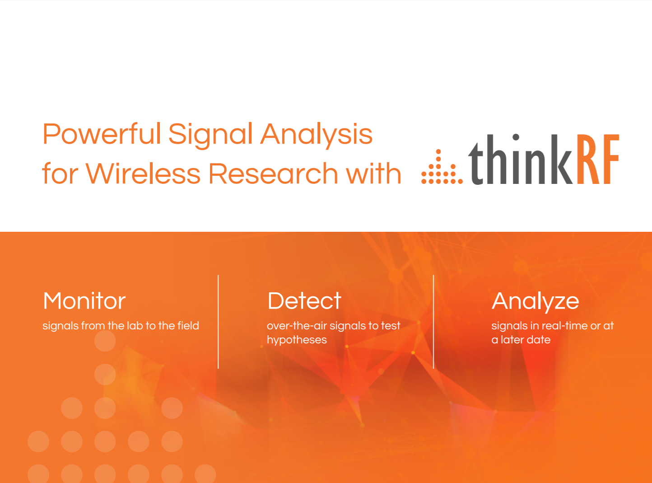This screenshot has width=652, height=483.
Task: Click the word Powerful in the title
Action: [x=102, y=134]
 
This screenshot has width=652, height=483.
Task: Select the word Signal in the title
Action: [x=210, y=135]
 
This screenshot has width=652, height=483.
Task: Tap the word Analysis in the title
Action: [x=317, y=135]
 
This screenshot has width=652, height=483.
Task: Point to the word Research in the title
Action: [x=273, y=174]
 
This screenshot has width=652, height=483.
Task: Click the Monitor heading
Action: [x=84, y=301]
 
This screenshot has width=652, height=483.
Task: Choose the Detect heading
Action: [x=304, y=301]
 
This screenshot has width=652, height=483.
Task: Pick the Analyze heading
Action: [x=535, y=301]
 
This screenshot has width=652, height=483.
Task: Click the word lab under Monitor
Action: [x=135, y=326]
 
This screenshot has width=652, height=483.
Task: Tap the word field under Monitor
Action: [x=188, y=326]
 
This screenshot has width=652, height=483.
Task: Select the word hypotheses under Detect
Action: [x=297, y=340]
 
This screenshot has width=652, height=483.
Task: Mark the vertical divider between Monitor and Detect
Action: [x=218, y=322]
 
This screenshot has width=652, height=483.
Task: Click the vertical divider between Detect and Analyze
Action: [x=433, y=322]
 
